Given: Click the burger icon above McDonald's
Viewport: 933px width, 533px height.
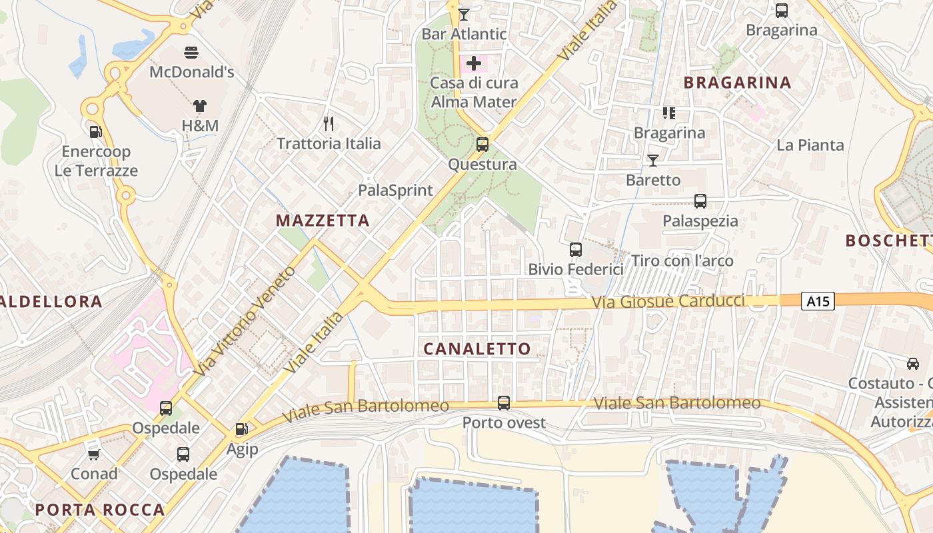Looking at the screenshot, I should [x=192, y=52].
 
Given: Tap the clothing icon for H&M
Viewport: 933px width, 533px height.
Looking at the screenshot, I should [x=200, y=105].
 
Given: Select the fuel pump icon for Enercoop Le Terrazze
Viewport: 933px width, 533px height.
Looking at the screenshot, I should [x=95, y=131].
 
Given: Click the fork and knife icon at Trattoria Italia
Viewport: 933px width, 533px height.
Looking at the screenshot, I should [x=328, y=123].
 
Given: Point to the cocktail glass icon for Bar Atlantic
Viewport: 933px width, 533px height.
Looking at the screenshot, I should [x=464, y=14].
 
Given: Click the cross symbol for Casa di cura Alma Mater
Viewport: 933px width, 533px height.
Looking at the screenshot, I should [x=474, y=64].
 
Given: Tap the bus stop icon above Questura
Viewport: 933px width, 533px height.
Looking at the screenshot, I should [x=482, y=144].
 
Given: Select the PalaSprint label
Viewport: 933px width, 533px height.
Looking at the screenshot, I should [x=395, y=191].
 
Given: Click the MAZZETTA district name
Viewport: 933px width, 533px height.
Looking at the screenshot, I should [x=323, y=221].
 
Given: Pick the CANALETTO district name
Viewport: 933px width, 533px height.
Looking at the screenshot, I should [x=477, y=348].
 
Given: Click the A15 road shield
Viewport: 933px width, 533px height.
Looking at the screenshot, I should [x=818, y=302].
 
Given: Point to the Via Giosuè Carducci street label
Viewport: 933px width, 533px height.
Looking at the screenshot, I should [x=668, y=302].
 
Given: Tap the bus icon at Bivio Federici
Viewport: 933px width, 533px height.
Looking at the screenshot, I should [x=576, y=250].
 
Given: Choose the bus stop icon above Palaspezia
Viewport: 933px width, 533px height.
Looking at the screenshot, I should [x=700, y=201].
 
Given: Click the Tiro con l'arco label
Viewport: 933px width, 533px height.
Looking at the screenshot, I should [x=682, y=261].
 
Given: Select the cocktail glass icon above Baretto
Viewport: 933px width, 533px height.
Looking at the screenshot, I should [x=652, y=160].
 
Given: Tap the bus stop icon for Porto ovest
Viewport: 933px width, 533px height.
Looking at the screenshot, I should [x=504, y=402].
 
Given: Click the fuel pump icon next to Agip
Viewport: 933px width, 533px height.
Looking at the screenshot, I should [x=241, y=430].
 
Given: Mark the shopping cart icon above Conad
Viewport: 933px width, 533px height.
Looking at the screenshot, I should [x=94, y=454].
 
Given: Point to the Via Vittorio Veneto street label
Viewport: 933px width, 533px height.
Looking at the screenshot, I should [x=247, y=320].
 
